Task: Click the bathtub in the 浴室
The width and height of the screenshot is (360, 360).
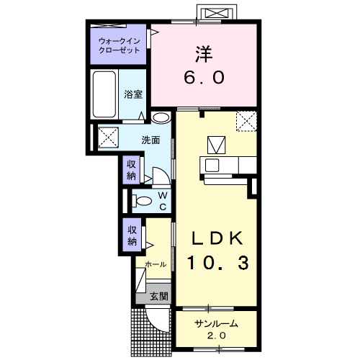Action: pyautogui.click(x=104, y=94)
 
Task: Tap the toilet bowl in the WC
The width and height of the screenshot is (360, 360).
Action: pyautogui.click(x=142, y=201)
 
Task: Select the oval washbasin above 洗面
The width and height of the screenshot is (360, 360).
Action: pyautogui.click(x=161, y=118)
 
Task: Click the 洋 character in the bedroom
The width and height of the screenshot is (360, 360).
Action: pyautogui.click(x=204, y=54)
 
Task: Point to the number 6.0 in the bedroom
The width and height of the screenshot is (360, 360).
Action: pyautogui.click(x=204, y=78)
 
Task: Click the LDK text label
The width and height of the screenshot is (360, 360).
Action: pyautogui.click(x=217, y=238)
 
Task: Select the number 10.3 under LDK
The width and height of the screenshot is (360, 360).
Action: pyautogui.click(x=218, y=263)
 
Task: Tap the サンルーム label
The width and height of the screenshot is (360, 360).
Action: pyautogui.click(x=216, y=324)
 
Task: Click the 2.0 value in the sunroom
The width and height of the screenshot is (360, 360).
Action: pyautogui.click(x=216, y=336)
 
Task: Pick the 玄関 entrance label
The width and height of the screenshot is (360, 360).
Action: pyautogui.click(x=158, y=297)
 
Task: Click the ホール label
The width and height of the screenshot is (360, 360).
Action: pyautogui.click(x=156, y=264)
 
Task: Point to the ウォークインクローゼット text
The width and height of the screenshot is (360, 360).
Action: pyautogui.click(x=120, y=45)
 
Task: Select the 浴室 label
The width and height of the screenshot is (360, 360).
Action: pyautogui.click(x=133, y=94)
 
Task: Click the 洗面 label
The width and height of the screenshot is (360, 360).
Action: pyautogui.click(x=150, y=140)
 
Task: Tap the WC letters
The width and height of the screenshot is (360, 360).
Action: pyautogui.click(x=163, y=201)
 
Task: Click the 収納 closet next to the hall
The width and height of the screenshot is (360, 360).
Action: pyautogui.click(x=132, y=235)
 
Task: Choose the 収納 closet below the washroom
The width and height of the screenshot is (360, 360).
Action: pyautogui.click(x=131, y=170)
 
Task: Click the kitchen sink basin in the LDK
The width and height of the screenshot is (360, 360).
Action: pyautogui.click(x=212, y=165)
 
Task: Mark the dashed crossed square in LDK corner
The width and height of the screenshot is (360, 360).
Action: pyautogui.click(x=246, y=121)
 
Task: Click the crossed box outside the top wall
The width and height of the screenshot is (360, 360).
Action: pyautogui.click(x=217, y=13)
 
